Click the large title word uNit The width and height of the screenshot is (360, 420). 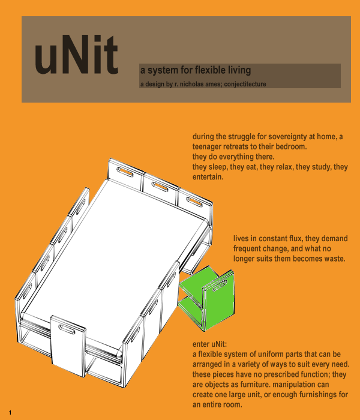click(x=76, y=57)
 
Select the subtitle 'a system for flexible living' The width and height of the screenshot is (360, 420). click(x=195, y=71)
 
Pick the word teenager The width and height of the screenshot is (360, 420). click(x=210, y=147)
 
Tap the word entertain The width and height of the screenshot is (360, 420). click(x=208, y=178)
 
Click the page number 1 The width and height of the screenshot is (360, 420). click(x=11, y=413)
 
